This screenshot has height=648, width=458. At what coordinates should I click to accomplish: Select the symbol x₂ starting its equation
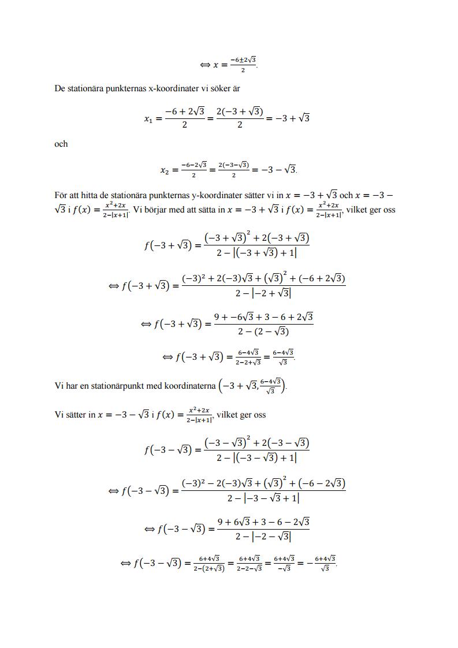[x=166, y=170]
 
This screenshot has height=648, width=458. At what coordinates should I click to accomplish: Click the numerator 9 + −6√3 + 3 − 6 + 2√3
[x=263, y=317]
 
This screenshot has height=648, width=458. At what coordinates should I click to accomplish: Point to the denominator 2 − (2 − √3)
[x=263, y=332]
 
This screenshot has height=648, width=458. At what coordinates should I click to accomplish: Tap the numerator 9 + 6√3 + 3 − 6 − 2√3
[x=263, y=522]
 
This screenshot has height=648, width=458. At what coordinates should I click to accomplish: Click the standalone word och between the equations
[x=61, y=144]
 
